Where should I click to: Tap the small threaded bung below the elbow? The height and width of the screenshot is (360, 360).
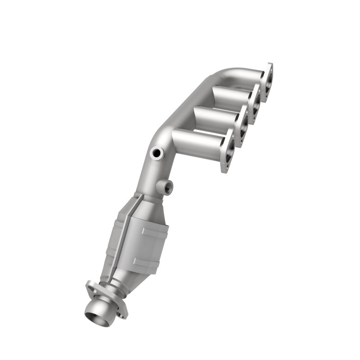165,186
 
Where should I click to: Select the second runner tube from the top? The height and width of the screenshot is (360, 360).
229,96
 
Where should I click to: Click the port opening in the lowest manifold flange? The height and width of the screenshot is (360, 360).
229,153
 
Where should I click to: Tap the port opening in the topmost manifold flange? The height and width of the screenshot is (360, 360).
269,82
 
